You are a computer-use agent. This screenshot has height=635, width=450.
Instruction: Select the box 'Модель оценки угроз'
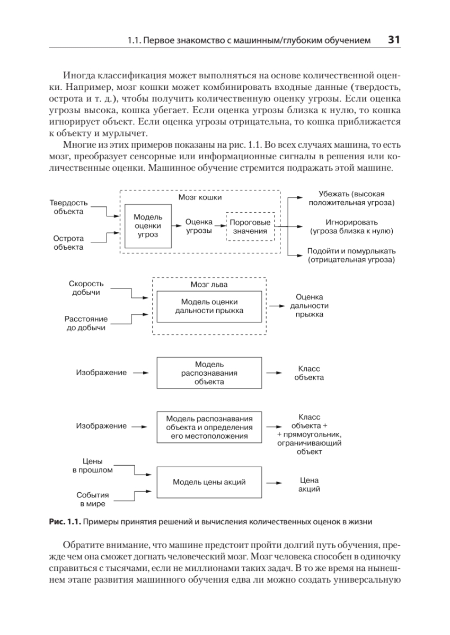(x=148, y=226)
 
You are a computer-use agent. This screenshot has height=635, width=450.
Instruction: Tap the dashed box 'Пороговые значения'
(x=250, y=226)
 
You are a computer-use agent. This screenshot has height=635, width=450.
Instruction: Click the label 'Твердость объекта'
(x=69, y=207)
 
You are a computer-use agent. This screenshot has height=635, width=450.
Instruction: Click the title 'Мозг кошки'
(x=200, y=197)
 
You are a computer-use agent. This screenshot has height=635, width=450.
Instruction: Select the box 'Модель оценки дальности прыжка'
(x=209, y=306)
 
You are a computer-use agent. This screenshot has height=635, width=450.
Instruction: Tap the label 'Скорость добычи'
(x=85, y=288)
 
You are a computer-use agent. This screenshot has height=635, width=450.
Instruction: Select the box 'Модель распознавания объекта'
(x=209, y=373)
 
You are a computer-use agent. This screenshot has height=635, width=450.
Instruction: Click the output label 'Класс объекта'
(x=310, y=373)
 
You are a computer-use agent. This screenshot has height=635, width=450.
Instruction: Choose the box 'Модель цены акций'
(x=209, y=482)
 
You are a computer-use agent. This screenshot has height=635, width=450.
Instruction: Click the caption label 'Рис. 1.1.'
(x=65, y=521)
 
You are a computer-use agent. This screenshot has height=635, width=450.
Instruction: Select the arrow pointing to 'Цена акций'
(x=273, y=483)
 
